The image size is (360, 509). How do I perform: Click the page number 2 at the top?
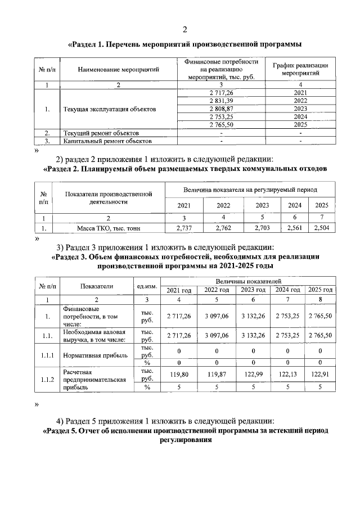pos(185,29)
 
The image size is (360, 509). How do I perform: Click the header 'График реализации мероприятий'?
pos(300,69)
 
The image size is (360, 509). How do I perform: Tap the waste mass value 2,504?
pos(322,228)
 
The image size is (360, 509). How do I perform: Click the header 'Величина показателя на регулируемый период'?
pos(250,190)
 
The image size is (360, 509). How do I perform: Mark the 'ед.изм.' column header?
pos(146,285)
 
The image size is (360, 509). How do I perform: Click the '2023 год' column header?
pos(254,290)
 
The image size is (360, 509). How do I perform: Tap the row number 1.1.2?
pos(47,380)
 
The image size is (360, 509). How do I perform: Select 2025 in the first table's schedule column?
pos(300,124)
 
